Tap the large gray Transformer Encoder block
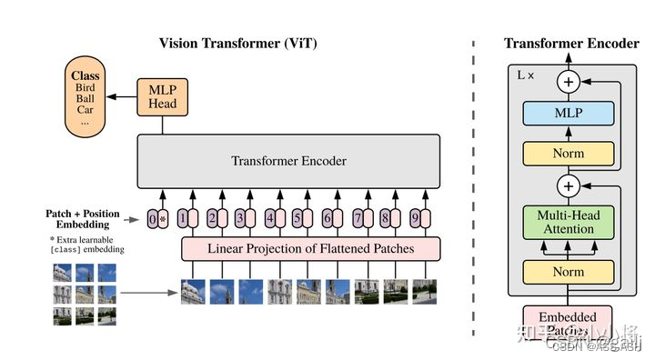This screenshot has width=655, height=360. click(288, 162)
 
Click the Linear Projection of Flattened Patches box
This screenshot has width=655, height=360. click(311, 248)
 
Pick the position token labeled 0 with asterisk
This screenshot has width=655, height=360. click(157, 218)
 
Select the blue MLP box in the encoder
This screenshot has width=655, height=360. click(568, 115)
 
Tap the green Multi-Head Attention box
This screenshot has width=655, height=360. click(568, 223)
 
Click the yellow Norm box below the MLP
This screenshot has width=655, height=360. click(568, 154)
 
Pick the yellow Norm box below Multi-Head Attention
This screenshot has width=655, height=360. click(568, 271)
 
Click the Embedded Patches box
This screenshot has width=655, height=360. click(568, 323)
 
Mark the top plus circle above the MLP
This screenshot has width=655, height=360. click(568, 82)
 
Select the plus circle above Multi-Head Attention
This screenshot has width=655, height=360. click(568, 187)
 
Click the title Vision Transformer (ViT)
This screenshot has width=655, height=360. click(238, 43)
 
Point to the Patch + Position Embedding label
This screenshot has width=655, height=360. click(83, 219)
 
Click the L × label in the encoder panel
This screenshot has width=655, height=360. click(526, 75)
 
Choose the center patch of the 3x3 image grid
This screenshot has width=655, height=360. click(85, 293)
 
